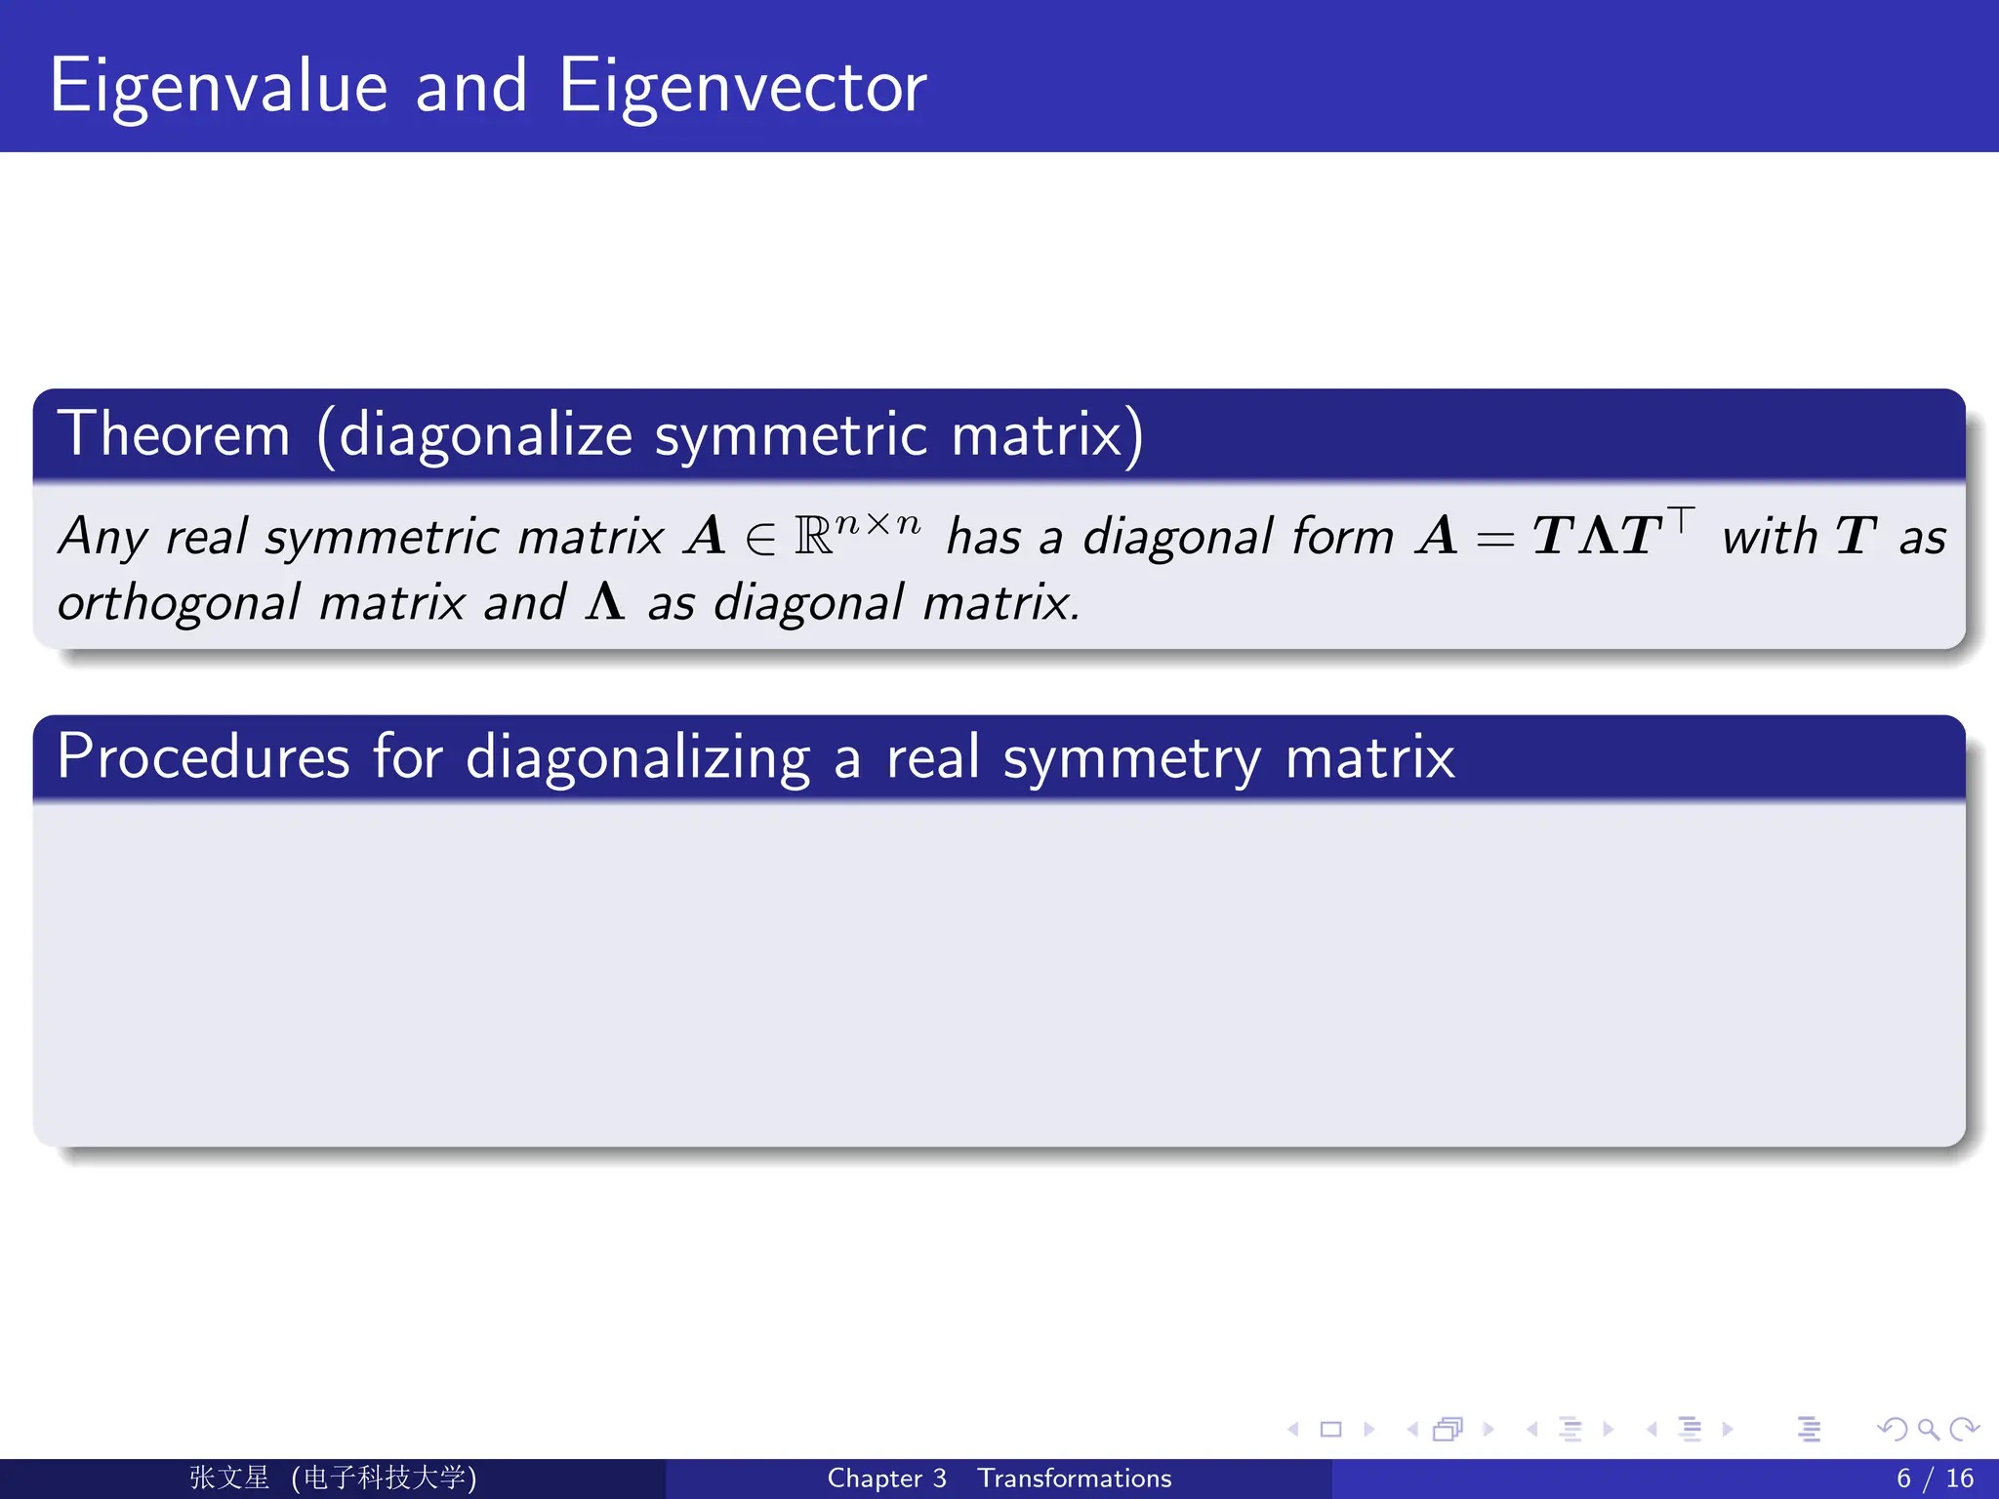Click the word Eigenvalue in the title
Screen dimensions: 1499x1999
pos(219,88)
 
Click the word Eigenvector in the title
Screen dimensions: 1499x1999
pos(742,88)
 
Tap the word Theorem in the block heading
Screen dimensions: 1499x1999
pos(174,434)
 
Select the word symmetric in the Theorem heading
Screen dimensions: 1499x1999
pos(791,436)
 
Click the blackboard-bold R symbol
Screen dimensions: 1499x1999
pos(813,537)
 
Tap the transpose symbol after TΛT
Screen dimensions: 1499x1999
pos(1681,518)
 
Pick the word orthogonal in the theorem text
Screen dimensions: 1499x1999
pos(179,604)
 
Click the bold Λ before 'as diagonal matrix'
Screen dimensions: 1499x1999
pos(605,601)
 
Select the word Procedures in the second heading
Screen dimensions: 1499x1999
pos(203,757)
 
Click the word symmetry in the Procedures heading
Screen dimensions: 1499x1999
pos(1132,759)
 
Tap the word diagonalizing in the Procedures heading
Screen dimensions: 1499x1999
pos(637,759)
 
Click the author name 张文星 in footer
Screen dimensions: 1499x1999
pos(228,1478)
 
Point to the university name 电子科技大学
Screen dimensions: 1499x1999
pos(384,1478)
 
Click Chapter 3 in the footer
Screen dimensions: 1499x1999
pos(886,1479)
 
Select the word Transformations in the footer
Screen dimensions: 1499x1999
pos(1074,1479)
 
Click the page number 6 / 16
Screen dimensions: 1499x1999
pos(1935,1479)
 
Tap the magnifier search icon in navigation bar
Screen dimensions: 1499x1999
pos(1928,1430)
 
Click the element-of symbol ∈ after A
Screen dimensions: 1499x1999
pos(760,539)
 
